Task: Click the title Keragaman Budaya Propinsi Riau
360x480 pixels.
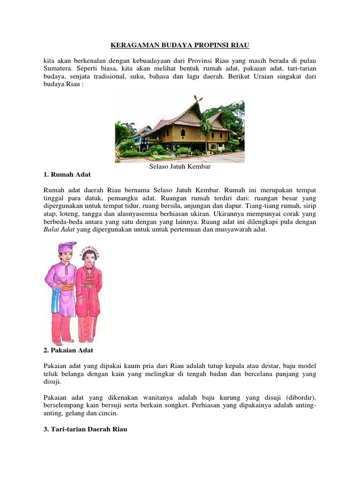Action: pyautogui.click(x=180, y=45)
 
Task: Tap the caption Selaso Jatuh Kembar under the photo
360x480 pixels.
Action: pyautogui.click(x=180, y=166)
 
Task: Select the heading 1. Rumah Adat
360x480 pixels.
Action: pyautogui.click(x=67, y=174)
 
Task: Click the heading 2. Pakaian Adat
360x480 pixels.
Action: pyautogui.click(x=68, y=350)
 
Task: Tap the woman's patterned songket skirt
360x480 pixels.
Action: pyautogui.click(x=87, y=321)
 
